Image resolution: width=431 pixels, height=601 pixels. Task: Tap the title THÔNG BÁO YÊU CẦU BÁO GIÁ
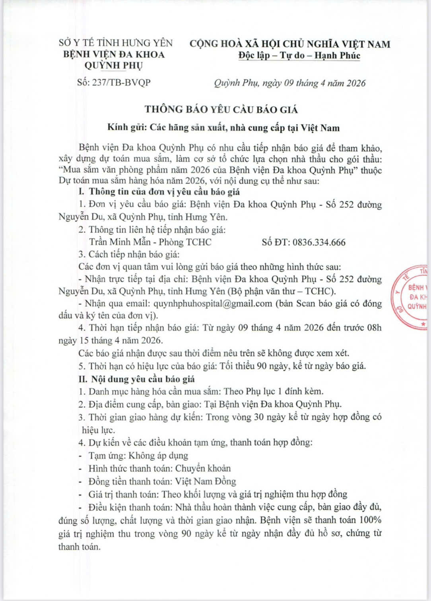[x=221, y=109]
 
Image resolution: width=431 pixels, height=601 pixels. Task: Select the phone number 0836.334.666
[x=319, y=242]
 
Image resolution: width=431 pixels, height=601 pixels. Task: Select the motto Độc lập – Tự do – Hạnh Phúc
[x=299, y=56]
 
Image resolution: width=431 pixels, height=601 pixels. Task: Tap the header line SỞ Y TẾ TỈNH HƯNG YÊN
[x=116, y=43]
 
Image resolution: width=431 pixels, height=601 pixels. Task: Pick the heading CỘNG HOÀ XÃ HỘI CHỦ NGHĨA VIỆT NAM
[x=290, y=44]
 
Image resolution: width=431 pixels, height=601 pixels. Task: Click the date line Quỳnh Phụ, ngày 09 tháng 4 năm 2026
[x=289, y=83]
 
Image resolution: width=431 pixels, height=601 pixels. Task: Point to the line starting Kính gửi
[x=223, y=128]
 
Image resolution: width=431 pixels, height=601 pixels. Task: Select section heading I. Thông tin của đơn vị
[x=159, y=191]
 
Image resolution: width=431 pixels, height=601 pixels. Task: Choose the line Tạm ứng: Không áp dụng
[x=138, y=455]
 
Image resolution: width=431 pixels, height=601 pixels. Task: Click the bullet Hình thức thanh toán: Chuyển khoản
[x=159, y=468]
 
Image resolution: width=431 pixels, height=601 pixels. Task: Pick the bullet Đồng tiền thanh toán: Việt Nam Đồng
[x=162, y=481]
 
